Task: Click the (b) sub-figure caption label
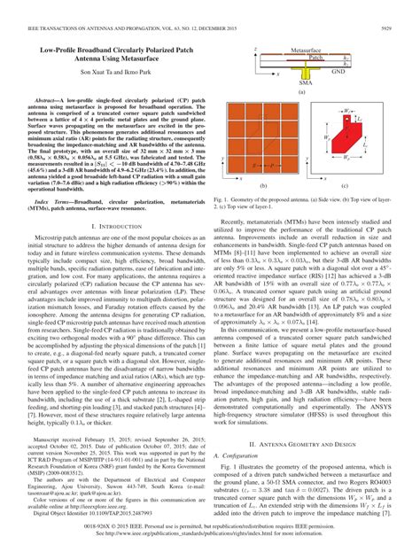coord(263,185)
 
